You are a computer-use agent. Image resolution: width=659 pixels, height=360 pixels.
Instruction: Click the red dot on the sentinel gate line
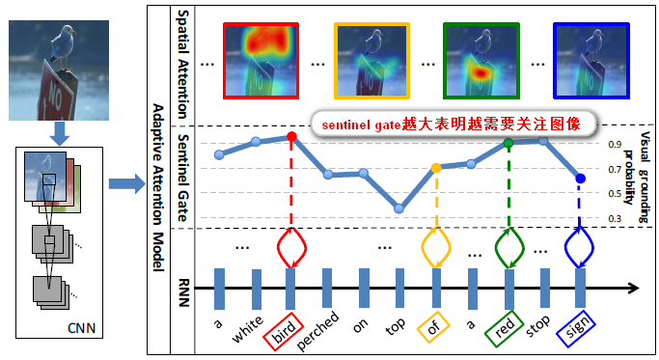(x=291, y=138)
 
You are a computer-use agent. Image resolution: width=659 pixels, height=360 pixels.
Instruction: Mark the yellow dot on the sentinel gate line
(x=436, y=168)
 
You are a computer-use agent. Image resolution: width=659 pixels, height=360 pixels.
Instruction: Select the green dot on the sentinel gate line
(x=508, y=144)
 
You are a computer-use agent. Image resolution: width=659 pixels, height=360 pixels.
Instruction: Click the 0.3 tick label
(x=614, y=218)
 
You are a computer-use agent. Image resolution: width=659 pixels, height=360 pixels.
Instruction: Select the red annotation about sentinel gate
(x=453, y=125)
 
